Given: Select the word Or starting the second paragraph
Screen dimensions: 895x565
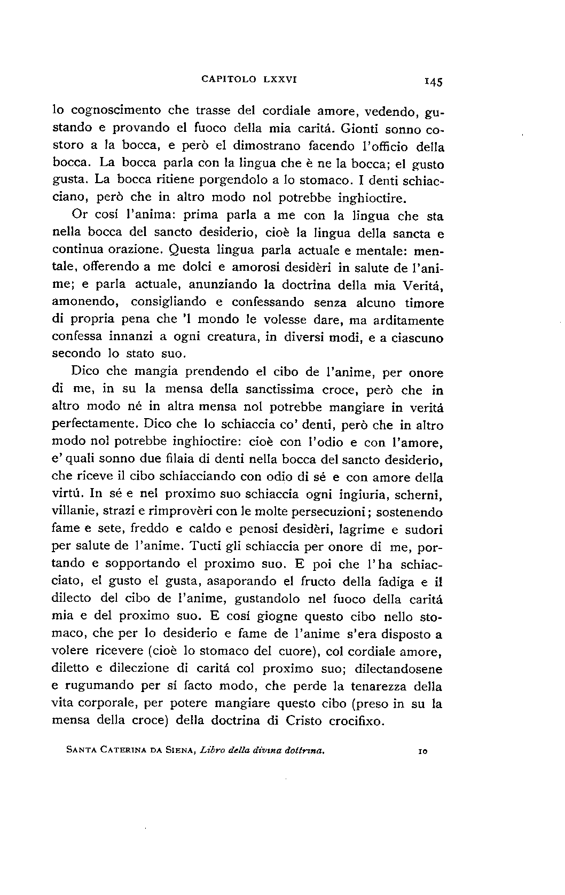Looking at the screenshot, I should (79, 216).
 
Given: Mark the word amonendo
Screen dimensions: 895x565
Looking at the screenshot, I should (83, 302).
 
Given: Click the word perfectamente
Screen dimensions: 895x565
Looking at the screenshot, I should (93, 425).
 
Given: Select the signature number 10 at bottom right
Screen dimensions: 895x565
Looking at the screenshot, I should (421, 751).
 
